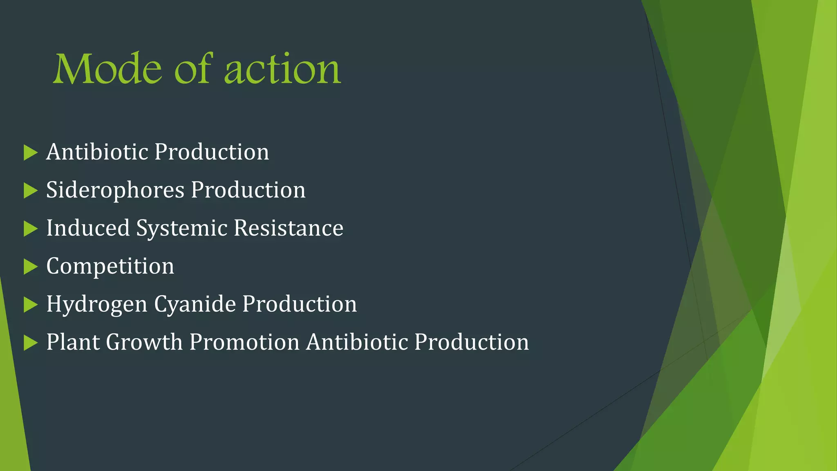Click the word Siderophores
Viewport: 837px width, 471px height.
coord(115,190)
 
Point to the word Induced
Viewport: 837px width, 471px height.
coord(88,228)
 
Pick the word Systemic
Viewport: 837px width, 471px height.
coord(181,228)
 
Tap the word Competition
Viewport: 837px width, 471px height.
coord(110,266)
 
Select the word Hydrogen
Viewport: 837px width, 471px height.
coord(96,305)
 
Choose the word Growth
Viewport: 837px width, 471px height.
coord(144,342)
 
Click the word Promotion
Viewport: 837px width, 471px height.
coord(244,342)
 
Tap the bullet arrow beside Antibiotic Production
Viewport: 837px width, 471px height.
coord(30,153)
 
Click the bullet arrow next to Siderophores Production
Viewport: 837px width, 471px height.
coord(30,191)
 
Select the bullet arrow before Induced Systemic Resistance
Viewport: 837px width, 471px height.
coord(30,229)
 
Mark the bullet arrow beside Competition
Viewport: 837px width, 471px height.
coord(30,267)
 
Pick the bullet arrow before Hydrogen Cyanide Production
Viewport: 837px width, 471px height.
coord(30,305)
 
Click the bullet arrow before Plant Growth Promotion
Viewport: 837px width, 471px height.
coord(30,343)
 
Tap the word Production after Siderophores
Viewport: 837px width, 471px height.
coord(248,190)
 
